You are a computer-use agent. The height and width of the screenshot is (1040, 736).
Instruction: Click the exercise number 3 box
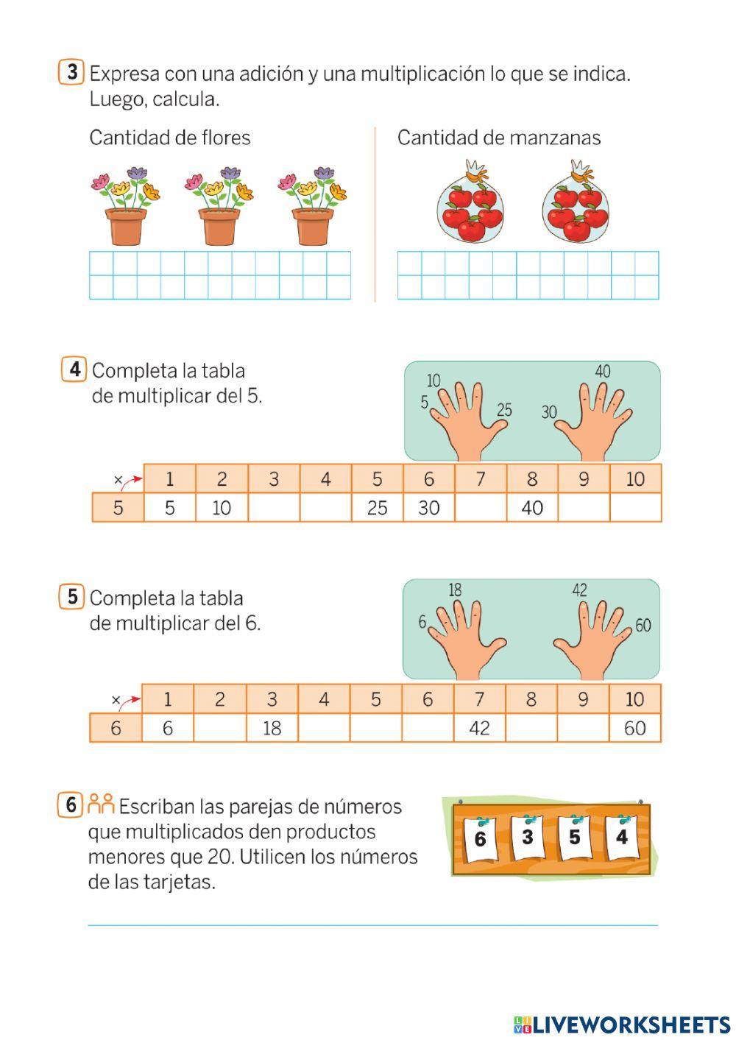71,72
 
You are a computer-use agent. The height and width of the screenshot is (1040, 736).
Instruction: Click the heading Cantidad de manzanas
498,138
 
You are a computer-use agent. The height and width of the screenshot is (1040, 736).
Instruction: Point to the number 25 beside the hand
504,410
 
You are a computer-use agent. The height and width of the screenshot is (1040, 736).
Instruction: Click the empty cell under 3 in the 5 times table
274,508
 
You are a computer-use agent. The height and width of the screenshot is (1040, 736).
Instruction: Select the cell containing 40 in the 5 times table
532,508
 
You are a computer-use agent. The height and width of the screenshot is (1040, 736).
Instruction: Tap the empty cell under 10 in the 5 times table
635,508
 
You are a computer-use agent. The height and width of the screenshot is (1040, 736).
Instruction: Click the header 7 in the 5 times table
481,479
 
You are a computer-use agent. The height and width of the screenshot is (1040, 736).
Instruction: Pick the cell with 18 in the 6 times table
272,729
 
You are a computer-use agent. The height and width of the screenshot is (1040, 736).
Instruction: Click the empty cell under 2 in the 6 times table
219,729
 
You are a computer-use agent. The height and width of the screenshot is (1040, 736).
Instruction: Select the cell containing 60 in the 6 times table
634,729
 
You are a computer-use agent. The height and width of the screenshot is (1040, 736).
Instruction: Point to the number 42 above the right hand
580,590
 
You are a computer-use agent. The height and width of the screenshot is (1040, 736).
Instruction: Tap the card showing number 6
480,840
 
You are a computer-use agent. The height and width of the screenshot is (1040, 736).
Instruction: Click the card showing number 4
622,838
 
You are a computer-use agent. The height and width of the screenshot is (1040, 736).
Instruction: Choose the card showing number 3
527,838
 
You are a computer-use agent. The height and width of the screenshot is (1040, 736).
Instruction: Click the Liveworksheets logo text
622,1024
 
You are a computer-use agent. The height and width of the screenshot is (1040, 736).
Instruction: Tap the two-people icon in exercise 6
101,804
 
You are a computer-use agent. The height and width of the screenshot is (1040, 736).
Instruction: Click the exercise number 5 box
71,596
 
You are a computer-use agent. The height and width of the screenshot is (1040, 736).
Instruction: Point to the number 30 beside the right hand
549,412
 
